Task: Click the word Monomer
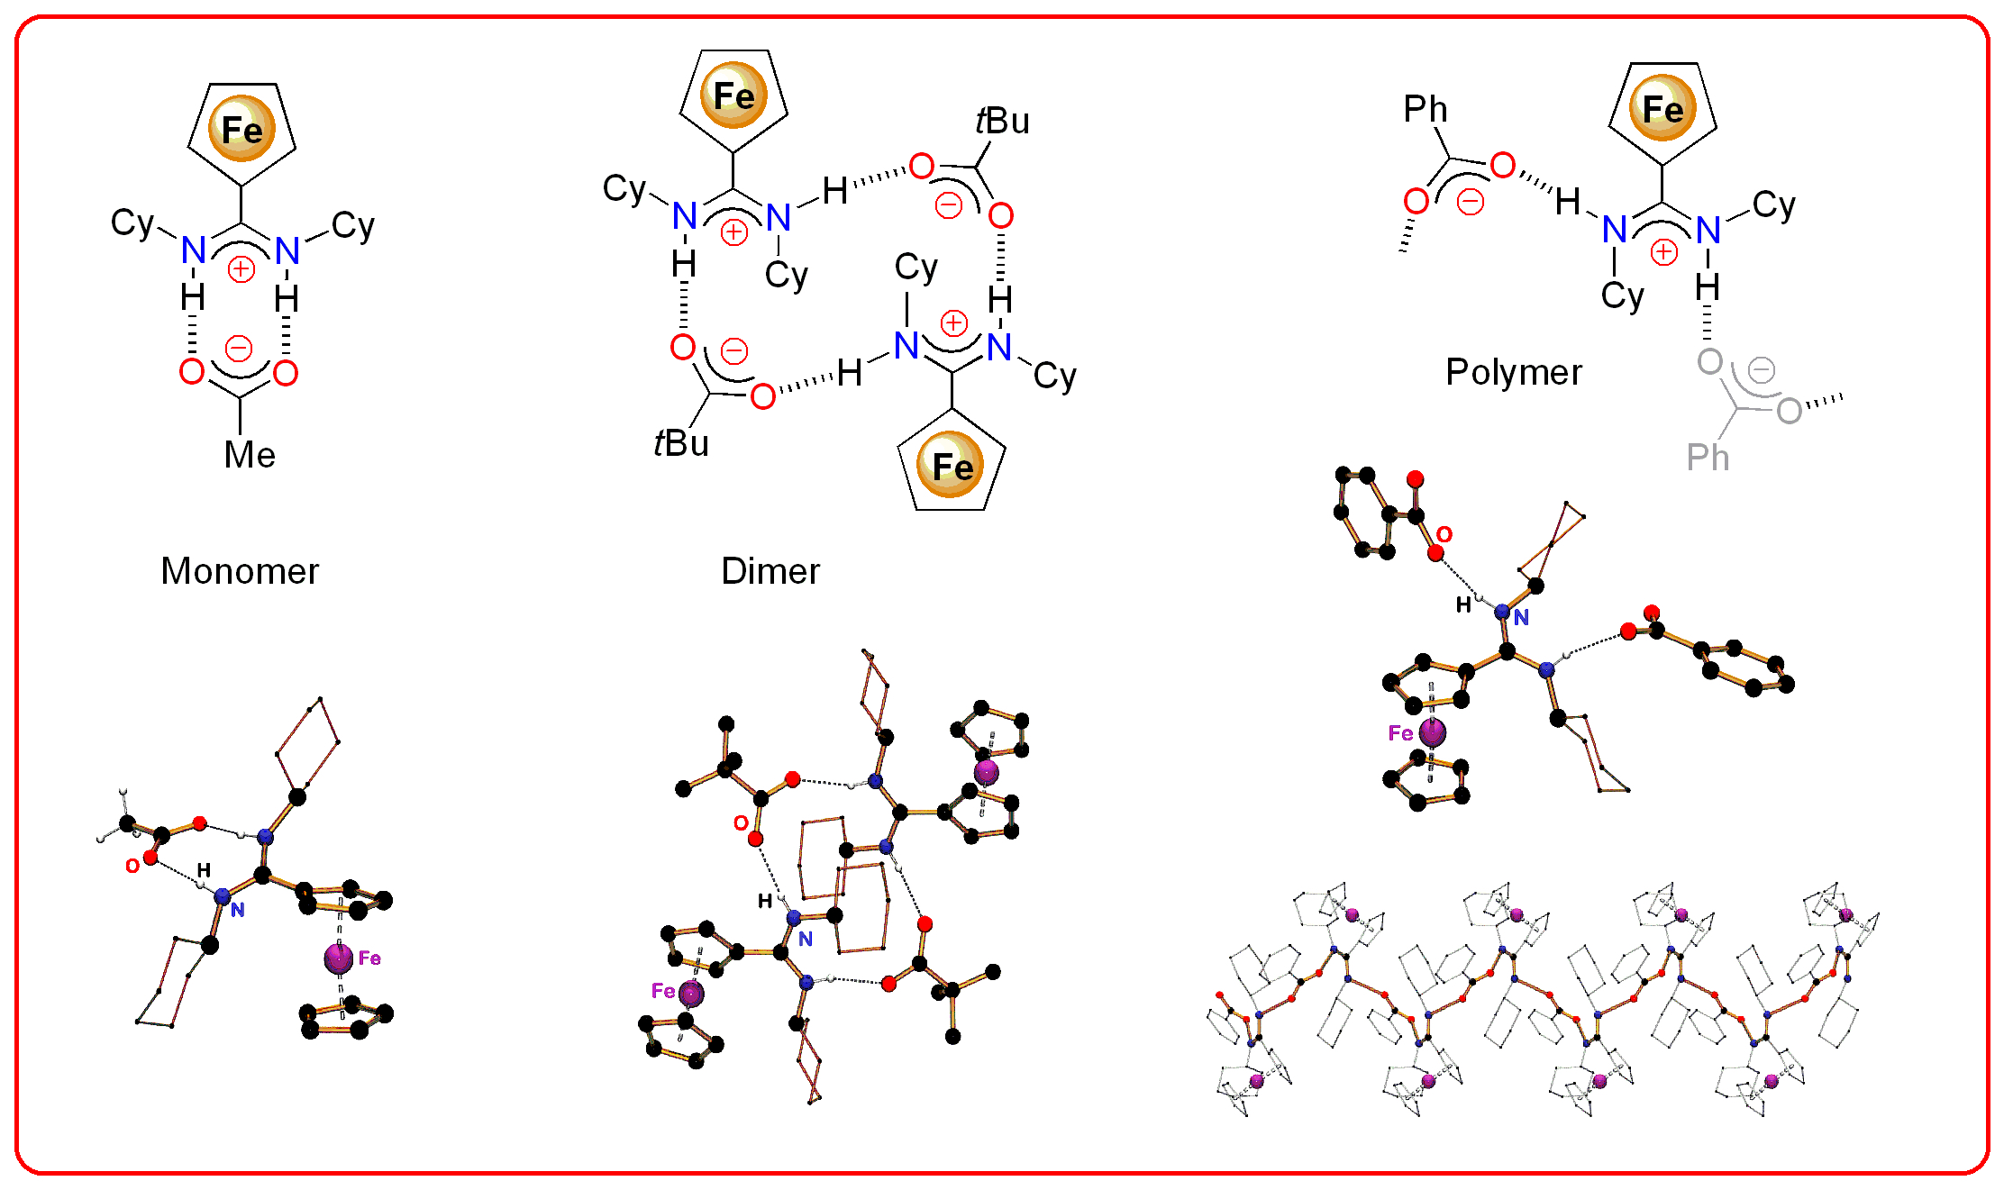240,571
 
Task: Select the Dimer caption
770,571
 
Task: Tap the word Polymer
1513,372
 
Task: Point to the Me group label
250,455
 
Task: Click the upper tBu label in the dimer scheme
1002,121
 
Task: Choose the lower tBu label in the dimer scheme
681,443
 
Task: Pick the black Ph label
1426,109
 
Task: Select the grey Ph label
1708,458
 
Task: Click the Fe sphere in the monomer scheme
241,129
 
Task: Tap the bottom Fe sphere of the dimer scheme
952,466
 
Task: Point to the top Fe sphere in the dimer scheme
733,95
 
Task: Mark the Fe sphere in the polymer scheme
1662,109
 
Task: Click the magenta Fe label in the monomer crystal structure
369,958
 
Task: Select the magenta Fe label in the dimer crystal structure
663,991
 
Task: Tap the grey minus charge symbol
1761,369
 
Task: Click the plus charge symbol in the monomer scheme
241,268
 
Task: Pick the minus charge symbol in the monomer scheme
239,349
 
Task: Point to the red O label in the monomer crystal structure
132,866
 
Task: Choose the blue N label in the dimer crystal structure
806,939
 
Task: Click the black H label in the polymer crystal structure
1463,604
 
